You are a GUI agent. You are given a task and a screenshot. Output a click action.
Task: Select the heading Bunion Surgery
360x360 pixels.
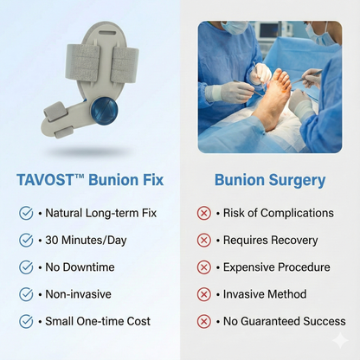pyautogui.click(x=270, y=180)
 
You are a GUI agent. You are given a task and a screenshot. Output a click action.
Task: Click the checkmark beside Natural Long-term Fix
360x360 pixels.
pyautogui.click(x=26, y=213)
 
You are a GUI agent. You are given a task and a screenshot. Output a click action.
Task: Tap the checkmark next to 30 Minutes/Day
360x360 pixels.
pyautogui.click(x=26, y=240)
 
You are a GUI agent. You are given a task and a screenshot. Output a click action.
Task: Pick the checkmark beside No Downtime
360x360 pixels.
pyautogui.click(x=26, y=267)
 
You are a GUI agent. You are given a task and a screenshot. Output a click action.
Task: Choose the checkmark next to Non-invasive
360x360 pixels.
pyautogui.click(x=26, y=294)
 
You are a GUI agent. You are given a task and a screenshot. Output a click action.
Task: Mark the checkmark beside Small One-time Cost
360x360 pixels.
pyautogui.click(x=26, y=321)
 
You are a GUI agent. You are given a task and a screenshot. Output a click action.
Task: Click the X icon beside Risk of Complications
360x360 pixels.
pyautogui.click(x=204, y=213)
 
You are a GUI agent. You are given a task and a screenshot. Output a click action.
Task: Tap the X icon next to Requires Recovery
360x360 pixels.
pyautogui.click(x=204, y=240)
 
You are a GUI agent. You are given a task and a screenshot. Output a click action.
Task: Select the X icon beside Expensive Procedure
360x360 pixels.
pyautogui.click(x=204, y=267)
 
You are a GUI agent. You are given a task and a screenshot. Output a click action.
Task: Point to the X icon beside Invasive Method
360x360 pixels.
pyautogui.click(x=204, y=294)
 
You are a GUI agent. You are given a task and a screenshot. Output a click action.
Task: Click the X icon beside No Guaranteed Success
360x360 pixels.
pyautogui.click(x=204, y=321)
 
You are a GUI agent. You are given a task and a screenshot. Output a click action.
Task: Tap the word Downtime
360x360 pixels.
pyautogui.click(x=91, y=267)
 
